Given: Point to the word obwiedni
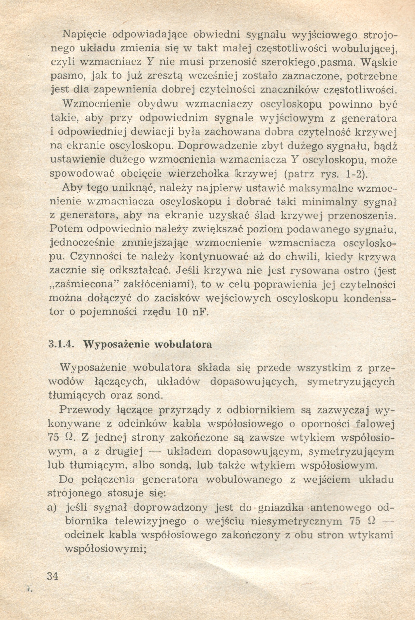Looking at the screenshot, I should [217, 35].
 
